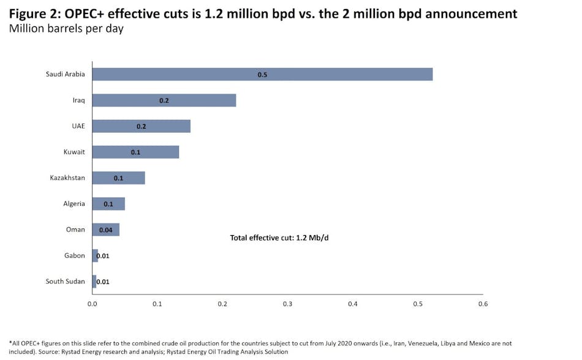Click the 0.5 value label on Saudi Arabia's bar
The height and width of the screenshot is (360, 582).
(262, 75)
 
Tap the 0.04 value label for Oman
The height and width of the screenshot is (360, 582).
(105, 230)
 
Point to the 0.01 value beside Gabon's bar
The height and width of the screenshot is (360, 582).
(103, 256)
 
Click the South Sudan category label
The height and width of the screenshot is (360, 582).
(66, 282)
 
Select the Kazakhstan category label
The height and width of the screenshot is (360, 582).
(67, 178)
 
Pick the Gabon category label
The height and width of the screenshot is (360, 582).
(75, 256)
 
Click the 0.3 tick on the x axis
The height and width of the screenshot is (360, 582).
(287, 304)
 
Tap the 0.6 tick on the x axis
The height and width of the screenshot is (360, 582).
(483, 304)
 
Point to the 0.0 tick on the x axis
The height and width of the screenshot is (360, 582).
(92, 304)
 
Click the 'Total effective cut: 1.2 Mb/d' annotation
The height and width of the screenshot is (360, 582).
(280, 238)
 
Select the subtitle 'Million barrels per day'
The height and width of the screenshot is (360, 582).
(66, 29)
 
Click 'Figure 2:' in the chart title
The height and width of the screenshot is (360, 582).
(35, 13)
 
